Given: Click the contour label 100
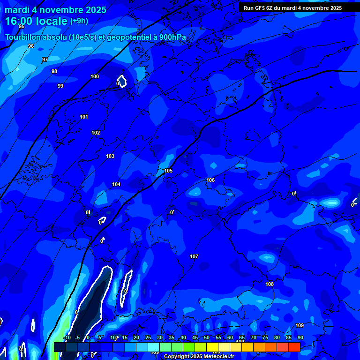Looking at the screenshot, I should [95, 76].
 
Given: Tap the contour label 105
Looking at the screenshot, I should [168, 171].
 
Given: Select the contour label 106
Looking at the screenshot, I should [210, 180].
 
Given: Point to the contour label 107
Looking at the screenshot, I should [194, 256].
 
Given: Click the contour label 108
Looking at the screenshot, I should [270, 284].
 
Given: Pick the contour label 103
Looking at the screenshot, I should [110, 156].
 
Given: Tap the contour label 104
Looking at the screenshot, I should [116, 184].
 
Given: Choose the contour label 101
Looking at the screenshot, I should [84, 117].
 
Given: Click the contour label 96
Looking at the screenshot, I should [31, 46].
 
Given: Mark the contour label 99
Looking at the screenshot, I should [60, 86].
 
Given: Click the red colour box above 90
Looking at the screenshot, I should [294, 347].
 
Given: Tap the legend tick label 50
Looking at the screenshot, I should [207, 337].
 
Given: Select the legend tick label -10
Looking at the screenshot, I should [67, 337].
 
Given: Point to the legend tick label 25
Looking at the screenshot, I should [148, 337].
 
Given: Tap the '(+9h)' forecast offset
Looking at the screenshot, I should [79, 21].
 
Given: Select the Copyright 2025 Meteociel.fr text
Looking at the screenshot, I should [199, 356].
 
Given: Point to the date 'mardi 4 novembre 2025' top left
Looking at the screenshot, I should [55, 10].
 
